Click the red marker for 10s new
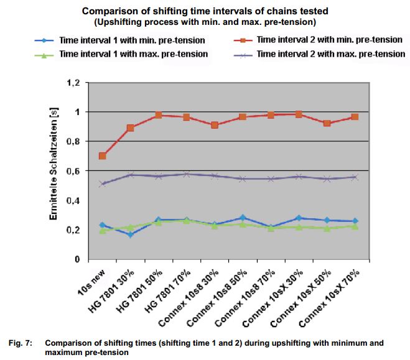pos(102,156)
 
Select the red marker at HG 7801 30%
pos(130,128)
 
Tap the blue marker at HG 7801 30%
pos(130,234)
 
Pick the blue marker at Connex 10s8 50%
pos(243,218)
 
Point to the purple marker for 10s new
pos(102,184)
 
